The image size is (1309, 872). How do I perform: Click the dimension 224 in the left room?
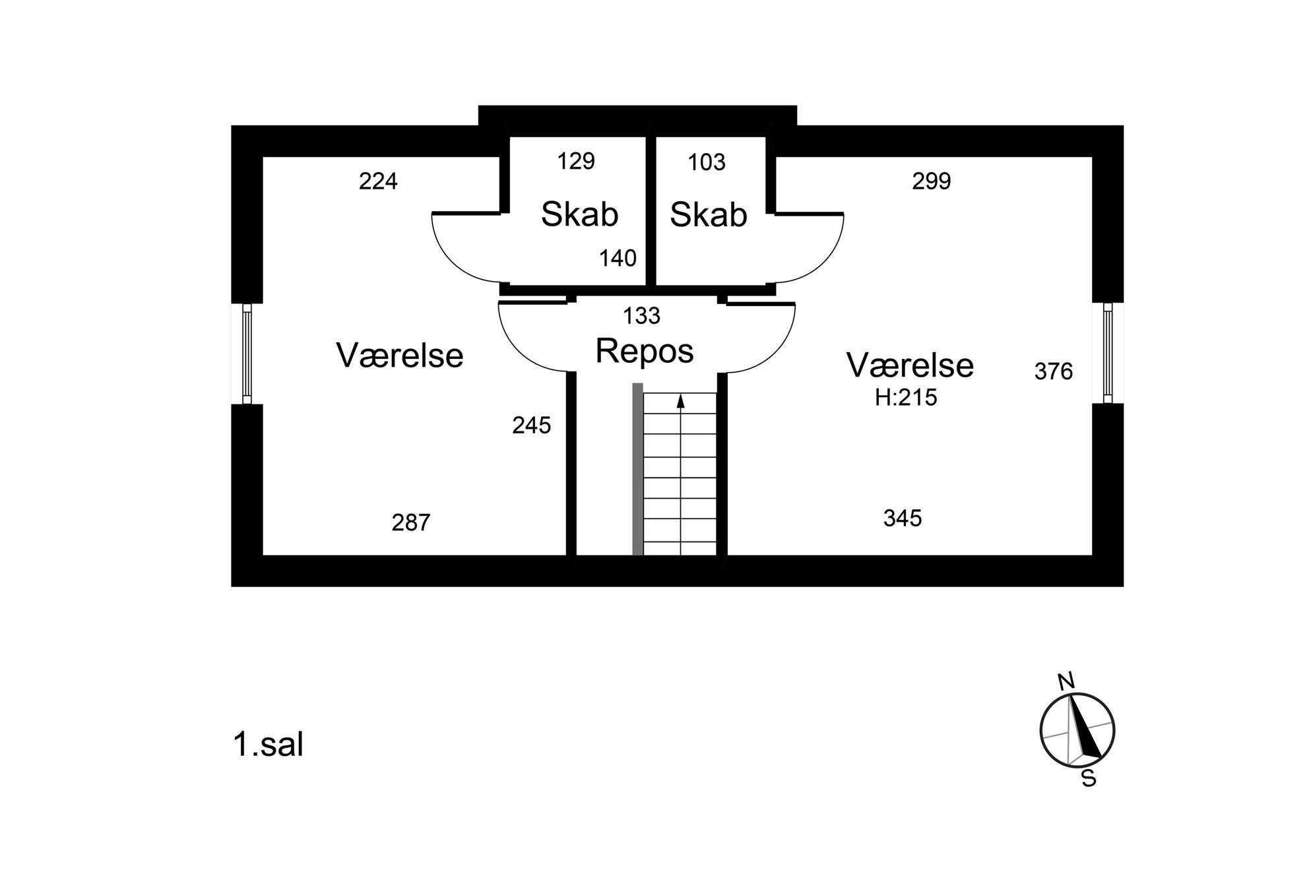pyautogui.click(x=378, y=181)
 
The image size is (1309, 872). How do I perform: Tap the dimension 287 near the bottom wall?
pyautogui.click(x=411, y=522)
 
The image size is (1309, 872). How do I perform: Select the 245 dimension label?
pyautogui.click(x=532, y=425)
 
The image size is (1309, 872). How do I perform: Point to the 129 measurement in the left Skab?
pyautogui.click(x=576, y=161)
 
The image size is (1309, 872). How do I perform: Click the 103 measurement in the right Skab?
pyautogui.click(x=707, y=162)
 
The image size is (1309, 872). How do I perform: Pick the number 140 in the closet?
pyautogui.click(x=618, y=258)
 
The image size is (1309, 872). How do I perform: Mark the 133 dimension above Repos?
pyautogui.click(x=641, y=316)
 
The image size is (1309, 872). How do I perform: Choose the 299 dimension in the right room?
pyautogui.click(x=932, y=181)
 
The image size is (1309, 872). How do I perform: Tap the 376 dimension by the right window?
pyautogui.click(x=1054, y=372)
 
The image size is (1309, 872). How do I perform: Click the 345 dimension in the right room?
pyautogui.click(x=903, y=518)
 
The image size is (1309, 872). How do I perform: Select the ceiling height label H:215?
pyautogui.click(x=906, y=397)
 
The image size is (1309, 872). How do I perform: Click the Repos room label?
pyautogui.click(x=645, y=351)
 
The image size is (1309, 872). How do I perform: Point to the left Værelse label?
pyautogui.click(x=400, y=355)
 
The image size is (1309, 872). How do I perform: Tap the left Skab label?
pyautogui.click(x=579, y=214)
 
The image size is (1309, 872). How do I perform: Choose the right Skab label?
pyautogui.click(x=709, y=214)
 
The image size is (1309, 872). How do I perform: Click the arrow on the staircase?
pyautogui.click(x=681, y=475)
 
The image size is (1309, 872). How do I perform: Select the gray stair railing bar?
pyautogui.click(x=637, y=469)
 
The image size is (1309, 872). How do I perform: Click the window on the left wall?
pyautogui.click(x=247, y=354)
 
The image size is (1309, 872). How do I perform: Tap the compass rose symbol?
pyautogui.click(x=1077, y=730)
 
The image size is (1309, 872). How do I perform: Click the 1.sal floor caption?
pyautogui.click(x=268, y=745)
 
